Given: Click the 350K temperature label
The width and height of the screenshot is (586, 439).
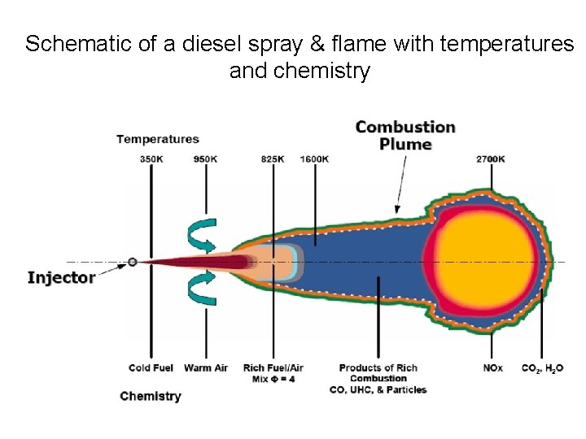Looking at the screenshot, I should pos(151,159).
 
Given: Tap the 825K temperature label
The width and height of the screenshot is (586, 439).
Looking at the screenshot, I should pos(273,159).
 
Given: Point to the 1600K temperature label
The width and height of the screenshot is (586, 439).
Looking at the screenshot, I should pos(314,159).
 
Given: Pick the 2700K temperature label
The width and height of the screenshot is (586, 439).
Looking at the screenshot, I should pos(491,159).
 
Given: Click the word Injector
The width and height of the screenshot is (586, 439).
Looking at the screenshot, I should pos(61,278).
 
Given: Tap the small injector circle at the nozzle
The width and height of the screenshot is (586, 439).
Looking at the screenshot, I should pos(132,262).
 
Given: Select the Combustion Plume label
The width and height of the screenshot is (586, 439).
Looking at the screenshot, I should pos(405,135).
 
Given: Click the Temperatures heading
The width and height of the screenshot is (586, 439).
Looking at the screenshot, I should pos(158,139).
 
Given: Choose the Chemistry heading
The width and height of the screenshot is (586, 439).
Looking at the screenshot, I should pos(150,396).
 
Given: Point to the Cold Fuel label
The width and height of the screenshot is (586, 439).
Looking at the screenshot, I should pos(151,368).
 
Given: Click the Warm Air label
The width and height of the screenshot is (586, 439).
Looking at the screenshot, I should pos(205,368).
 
